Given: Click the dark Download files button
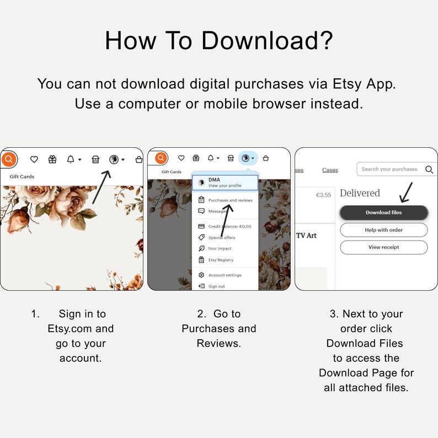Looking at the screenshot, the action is [383, 212].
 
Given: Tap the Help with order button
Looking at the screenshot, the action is [383, 230].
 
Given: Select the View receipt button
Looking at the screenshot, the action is [383, 247].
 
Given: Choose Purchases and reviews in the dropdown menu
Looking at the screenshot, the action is [230, 200].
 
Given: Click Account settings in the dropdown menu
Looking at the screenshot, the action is [225, 275].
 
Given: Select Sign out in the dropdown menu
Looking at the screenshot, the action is [216, 286].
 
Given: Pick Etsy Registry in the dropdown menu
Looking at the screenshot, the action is [221, 260].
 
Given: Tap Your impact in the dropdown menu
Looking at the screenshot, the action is [220, 248].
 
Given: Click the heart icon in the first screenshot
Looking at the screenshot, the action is [34, 159].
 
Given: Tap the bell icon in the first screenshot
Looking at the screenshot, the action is [71, 159].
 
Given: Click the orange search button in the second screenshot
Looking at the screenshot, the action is [161, 158].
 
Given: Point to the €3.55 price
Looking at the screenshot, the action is [323, 195].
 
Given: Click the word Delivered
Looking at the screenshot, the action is [360, 193].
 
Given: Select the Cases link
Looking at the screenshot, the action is [330, 170].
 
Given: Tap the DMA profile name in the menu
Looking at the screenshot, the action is [214, 180].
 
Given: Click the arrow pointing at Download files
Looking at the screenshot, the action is [406, 193].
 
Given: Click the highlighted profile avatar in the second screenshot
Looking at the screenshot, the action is [245, 158].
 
